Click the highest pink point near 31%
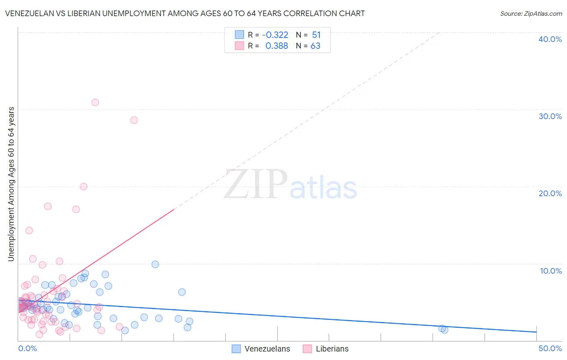[95, 102]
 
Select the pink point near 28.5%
[134, 120]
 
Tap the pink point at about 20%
[83, 186]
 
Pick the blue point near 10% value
[155, 264]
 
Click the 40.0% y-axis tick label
[550, 39]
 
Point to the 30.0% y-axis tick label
[550, 116]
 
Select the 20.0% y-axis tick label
[550, 193]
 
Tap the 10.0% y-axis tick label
[551, 271]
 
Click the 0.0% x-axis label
[28, 348]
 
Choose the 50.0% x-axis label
[550, 348]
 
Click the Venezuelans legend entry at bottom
[267, 349]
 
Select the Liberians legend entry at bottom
[332, 349]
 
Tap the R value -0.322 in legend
[275, 35]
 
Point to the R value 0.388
[277, 46]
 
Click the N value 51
[316, 35]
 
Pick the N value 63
[315, 46]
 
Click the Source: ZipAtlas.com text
[531, 13]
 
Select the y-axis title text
[11, 184]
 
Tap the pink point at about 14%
[29, 230]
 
